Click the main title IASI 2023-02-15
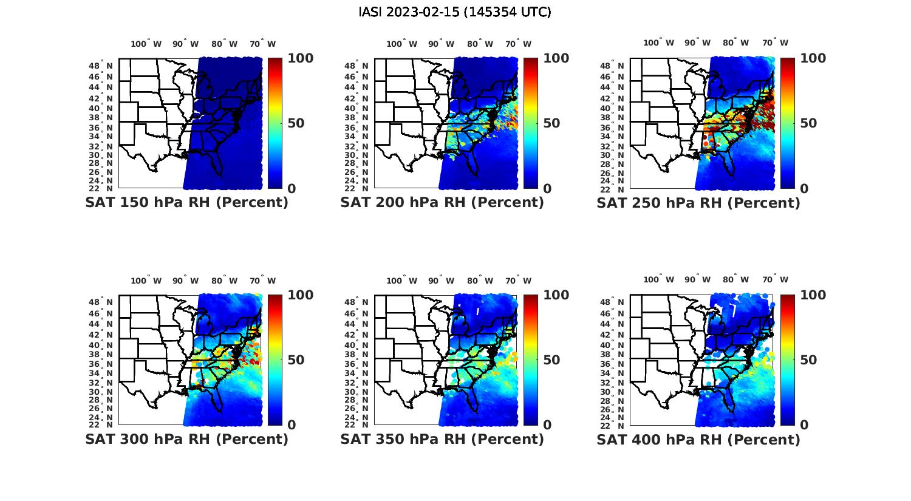455,12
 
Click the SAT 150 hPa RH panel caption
186,203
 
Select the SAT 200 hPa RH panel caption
442,203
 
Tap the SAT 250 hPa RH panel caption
698,203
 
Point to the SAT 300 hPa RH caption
186,439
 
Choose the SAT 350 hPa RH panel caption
442,439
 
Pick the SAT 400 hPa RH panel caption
698,439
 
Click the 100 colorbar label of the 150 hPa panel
300,58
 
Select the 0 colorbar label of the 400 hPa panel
805,425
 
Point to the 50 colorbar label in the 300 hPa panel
295,360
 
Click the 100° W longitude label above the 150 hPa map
146,44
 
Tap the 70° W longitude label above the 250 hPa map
775,43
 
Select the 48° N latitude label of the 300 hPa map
106,302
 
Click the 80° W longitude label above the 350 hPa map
480,281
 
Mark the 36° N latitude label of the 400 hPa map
617,364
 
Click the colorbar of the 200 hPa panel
531,123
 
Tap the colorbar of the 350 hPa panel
531,360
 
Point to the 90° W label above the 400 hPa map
697,279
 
